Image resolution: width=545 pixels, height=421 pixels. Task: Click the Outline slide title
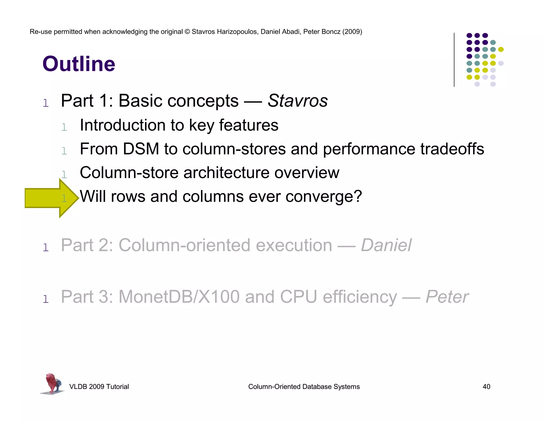pyautogui.click(x=79, y=64)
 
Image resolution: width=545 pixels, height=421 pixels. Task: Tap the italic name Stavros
pyautogui.click(x=298, y=101)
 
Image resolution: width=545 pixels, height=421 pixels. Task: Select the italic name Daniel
pyautogui.click(x=386, y=245)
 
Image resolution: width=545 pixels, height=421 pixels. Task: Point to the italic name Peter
pyautogui.click(x=447, y=297)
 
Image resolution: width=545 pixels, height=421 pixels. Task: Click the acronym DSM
pyautogui.click(x=141, y=149)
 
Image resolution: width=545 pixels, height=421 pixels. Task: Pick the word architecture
pyautogui.click(x=226, y=173)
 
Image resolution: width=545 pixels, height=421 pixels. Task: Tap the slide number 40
pyautogui.click(x=486, y=387)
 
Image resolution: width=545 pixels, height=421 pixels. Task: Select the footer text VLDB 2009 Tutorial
pyautogui.click(x=99, y=387)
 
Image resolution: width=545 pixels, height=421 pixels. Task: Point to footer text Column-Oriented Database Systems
pyautogui.click(x=304, y=387)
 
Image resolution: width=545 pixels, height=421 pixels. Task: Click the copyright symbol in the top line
pyautogui.click(x=187, y=32)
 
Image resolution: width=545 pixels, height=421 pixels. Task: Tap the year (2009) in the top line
pyautogui.click(x=352, y=32)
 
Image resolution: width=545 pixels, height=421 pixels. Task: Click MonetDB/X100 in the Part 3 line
pyautogui.click(x=179, y=297)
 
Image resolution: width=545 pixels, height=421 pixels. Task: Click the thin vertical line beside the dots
pyautogui.click(x=454, y=60)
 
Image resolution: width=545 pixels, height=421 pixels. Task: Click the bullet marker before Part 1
pyautogui.click(x=46, y=103)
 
